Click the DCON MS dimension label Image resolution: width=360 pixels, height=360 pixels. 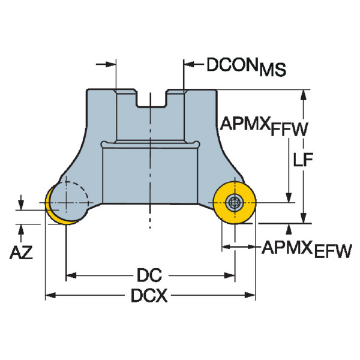pyautogui.click(x=246, y=65)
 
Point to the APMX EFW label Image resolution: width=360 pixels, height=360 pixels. pyautogui.click(x=305, y=248)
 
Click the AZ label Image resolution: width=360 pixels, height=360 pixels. pyautogui.click(x=22, y=253)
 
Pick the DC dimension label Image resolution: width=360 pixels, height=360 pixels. pyautogui.click(x=149, y=275)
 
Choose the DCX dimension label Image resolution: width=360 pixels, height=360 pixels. pyautogui.click(x=149, y=295)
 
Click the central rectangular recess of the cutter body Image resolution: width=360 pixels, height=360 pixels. pyautogui.click(x=150, y=174)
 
